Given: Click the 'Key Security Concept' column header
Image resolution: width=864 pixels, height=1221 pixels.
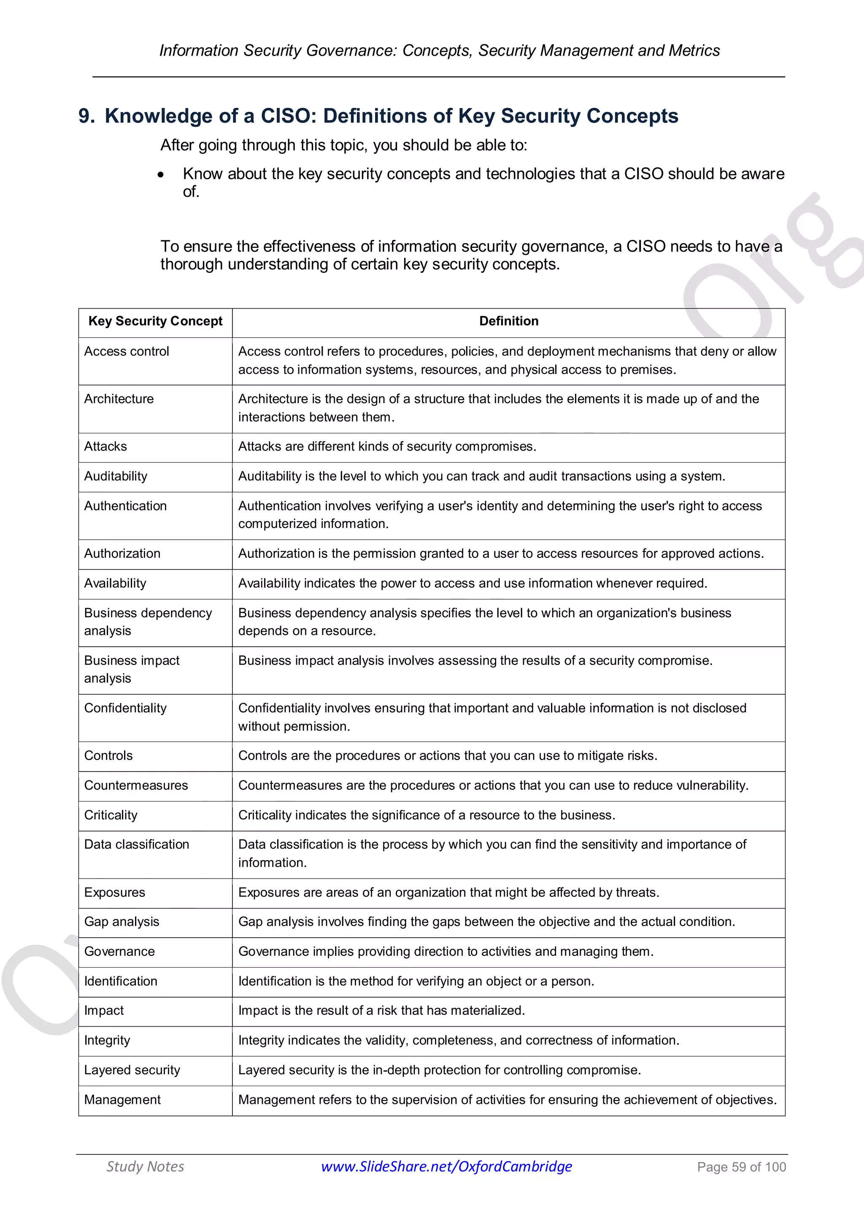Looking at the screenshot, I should pyautogui.click(x=155, y=321).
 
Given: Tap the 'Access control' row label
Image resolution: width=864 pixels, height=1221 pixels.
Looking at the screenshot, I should pyautogui.click(x=127, y=352).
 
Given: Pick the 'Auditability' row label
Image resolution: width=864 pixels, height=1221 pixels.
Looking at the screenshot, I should pyautogui.click(x=116, y=476).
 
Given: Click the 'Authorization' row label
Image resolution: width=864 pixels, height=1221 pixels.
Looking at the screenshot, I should pyautogui.click(x=122, y=554).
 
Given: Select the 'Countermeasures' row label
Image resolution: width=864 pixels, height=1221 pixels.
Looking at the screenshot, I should pyautogui.click(x=136, y=785).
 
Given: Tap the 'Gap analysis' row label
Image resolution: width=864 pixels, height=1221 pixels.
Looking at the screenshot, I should pyautogui.click(x=121, y=922).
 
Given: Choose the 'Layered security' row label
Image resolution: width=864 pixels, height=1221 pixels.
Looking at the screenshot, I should pyautogui.click(x=132, y=1070).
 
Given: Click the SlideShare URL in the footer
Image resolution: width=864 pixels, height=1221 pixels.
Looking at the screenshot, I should pyautogui.click(x=446, y=1166).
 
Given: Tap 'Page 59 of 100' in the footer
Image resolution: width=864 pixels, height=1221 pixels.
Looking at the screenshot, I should pyautogui.click(x=741, y=1167).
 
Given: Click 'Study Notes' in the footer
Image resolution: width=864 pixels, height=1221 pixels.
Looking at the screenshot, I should pyautogui.click(x=145, y=1166).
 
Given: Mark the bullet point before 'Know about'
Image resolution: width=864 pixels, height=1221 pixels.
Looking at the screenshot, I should pyautogui.click(x=161, y=175).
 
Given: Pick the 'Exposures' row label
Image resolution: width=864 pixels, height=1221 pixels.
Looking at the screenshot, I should pyautogui.click(x=114, y=893).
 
